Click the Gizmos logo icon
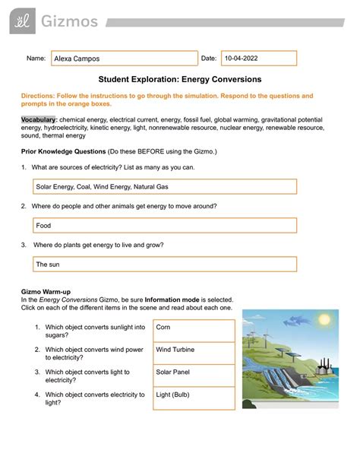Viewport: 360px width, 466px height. tap(16, 22)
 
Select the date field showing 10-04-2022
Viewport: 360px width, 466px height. tap(258, 59)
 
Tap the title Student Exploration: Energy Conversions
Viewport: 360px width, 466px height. tap(180, 80)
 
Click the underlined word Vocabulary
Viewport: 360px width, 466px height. tap(40, 121)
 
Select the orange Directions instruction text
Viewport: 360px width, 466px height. tap(175, 100)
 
